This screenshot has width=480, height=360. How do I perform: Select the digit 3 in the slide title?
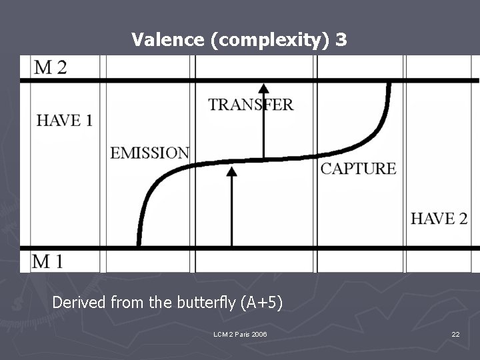(341, 40)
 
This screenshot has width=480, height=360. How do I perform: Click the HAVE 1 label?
(64, 120)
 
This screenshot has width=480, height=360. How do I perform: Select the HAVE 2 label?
(439, 219)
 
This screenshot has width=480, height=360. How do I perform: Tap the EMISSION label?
(149, 153)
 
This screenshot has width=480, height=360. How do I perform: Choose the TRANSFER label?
(251, 105)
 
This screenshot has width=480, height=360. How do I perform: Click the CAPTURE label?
(358, 169)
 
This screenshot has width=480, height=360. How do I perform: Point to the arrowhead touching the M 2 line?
(264, 87)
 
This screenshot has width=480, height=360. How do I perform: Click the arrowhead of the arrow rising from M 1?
(231, 171)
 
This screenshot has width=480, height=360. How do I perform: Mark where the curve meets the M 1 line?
(138, 246)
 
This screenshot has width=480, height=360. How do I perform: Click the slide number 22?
(455, 334)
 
